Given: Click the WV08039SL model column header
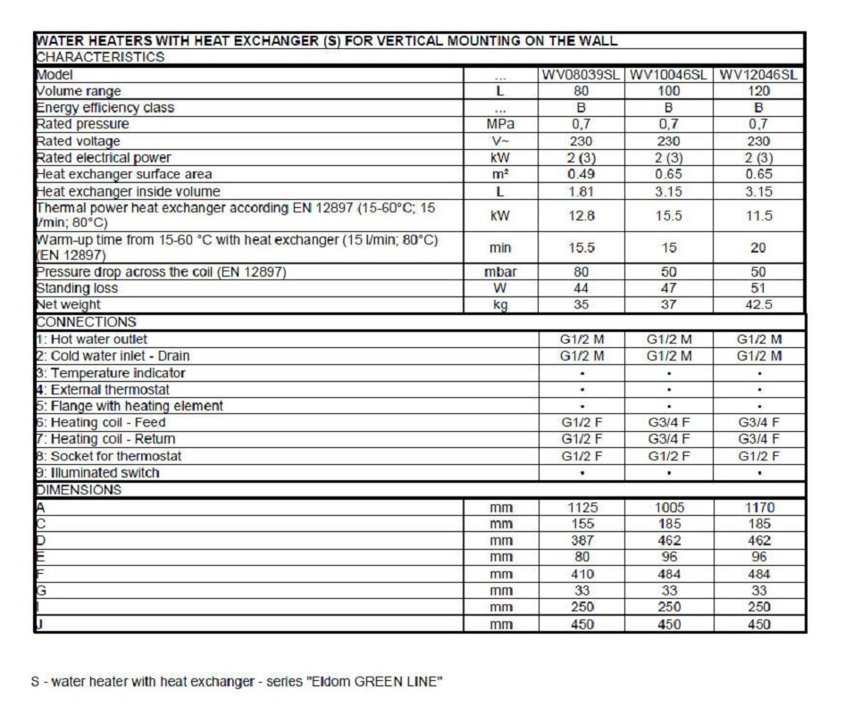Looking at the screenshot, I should (x=581, y=75).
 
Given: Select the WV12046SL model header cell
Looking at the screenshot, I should (x=758, y=75).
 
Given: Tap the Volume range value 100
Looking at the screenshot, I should (x=668, y=91).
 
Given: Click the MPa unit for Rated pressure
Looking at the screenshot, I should (x=500, y=124).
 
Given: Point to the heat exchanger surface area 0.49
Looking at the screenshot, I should (x=581, y=174).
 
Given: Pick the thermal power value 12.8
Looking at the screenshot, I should (x=581, y=215).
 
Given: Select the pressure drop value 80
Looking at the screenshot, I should (x=581, y=271).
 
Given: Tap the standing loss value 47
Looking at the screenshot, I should (x=668, y=288).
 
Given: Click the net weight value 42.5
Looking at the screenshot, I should (x=758, y=305).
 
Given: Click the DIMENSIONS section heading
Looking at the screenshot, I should (x=79, y=490).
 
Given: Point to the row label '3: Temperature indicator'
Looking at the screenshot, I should (x=111, y=372).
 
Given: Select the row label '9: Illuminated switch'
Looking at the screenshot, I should (x=97, y=473).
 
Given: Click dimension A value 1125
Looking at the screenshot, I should (x=581, y=507).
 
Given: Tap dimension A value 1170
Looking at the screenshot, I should (x=758, y=507).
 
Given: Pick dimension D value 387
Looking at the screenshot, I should (x=581, y=541).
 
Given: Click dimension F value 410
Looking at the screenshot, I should (x=581, y=574).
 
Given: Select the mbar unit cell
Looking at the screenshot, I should (x=500, y=271).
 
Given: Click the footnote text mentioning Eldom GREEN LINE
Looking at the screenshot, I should (x=236, y=682).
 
